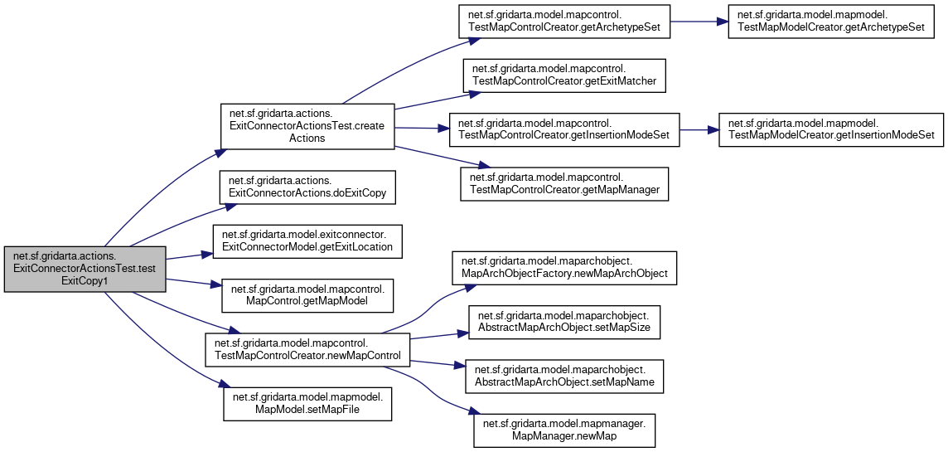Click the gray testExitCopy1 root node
click(85, 270)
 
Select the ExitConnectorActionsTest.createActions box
click(306, 127)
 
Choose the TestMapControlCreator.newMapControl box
click(307, 349)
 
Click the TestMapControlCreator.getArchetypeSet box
click(563, 22)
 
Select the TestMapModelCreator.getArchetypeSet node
click(831, 22)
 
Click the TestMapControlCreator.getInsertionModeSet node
click(563, 129)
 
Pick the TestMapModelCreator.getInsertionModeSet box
click(831, 129)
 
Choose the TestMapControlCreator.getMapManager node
click(563, 183)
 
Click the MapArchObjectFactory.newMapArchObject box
click(563, 267)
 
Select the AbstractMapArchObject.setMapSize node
click(564, 322)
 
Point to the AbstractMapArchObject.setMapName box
click(564, 377)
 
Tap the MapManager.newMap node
click(564, 430)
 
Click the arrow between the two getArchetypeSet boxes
click(698, 22)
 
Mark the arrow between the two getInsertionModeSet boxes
click(699, 129)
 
